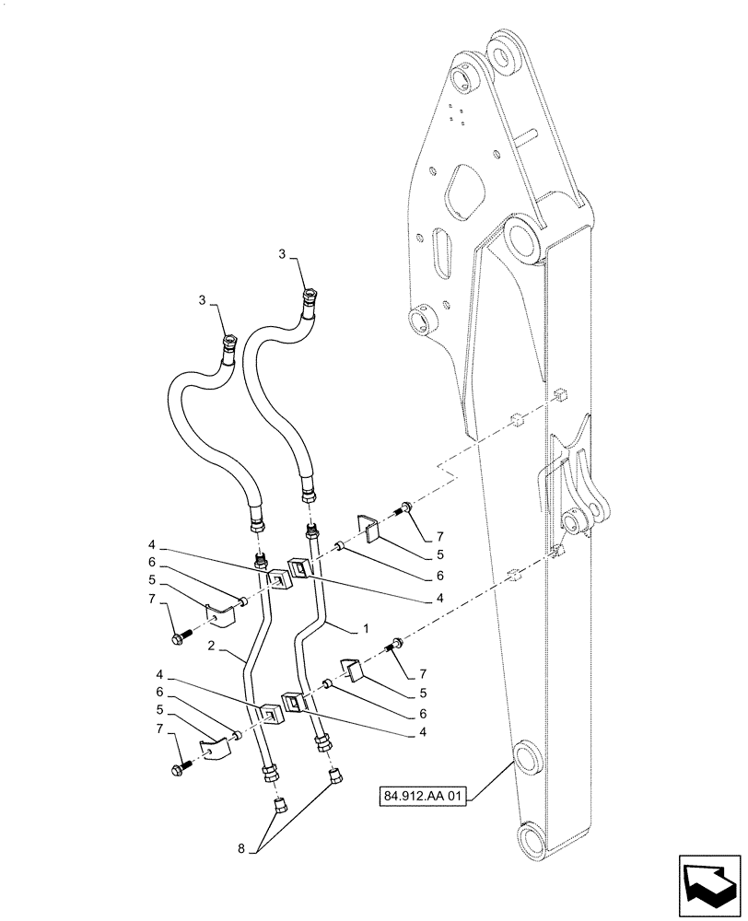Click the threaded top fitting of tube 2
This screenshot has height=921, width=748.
point(259,560)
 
